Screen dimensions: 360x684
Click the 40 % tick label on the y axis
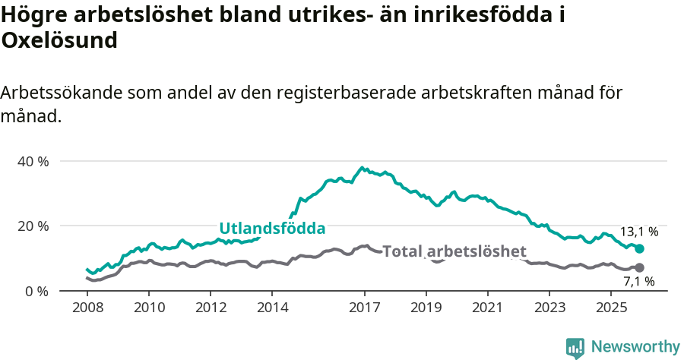pos(33,161)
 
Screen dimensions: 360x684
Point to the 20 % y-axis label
pos(33,226)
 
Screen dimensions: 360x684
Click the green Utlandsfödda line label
pos(272,228)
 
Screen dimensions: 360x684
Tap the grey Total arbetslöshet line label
pos(454,251)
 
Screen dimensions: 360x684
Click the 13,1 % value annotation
pos(639,232)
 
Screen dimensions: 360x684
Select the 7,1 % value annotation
pos(638,282)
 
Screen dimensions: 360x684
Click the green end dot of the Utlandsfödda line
pos(640,249)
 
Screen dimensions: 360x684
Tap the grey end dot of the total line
pos(640,267)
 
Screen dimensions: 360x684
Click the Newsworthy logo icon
pos(575,347)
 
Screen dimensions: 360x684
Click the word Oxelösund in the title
pos(59,40)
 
